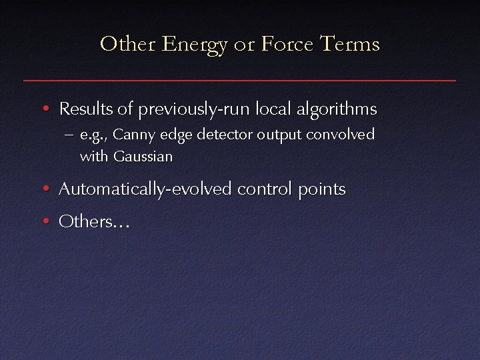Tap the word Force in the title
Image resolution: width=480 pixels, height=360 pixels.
pos(283,45)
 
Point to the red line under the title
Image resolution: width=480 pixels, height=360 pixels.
pos(240,81)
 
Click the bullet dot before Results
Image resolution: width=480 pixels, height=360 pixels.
pos(44,109)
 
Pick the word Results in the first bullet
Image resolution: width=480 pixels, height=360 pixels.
pos(84,109)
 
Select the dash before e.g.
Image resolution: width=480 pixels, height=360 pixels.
pos(70,135)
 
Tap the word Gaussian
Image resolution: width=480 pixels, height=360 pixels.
pos(143,157)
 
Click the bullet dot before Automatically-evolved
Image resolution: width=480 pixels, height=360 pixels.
pos(44,190)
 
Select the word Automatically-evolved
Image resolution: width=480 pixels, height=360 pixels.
pos(145,190)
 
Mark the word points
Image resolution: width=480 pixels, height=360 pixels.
pos(322,190)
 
